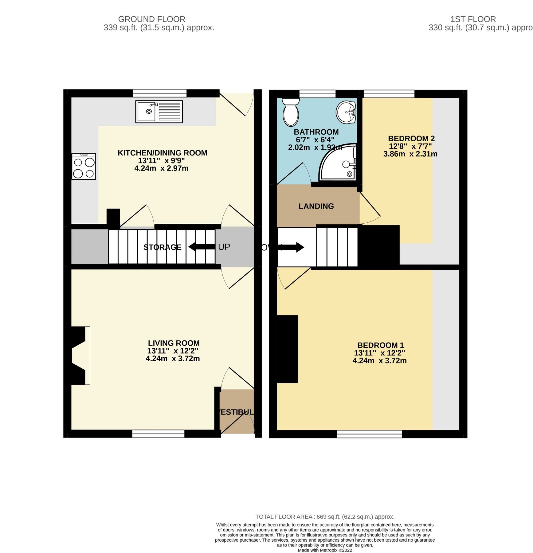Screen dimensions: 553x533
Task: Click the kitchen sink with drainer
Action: tap(159, 112)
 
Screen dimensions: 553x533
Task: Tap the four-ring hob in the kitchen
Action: tap(84, 166)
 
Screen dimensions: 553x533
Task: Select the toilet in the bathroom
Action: tap(291, 112)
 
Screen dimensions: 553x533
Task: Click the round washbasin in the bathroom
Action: tap(346, 112)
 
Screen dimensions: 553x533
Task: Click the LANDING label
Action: tap(316, 206)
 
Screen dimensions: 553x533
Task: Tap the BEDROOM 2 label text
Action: tap(411, 139)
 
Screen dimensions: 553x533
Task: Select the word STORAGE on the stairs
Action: tap(162, 247)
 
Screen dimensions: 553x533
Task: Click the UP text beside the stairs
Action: tap(224, 247)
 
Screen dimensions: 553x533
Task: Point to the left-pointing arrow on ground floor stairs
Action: tap(201, 247)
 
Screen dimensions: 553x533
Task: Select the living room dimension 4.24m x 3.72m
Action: tap(173, 359)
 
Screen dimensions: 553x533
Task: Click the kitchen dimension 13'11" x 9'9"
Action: tap(161, 161)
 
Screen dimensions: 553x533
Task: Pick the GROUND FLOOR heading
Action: tap(151, 19)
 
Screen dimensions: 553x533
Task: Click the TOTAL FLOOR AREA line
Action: tap(325, 517)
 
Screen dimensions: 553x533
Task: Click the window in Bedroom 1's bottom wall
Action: tap(369, 434)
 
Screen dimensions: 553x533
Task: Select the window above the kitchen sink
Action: tap(160, 93)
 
